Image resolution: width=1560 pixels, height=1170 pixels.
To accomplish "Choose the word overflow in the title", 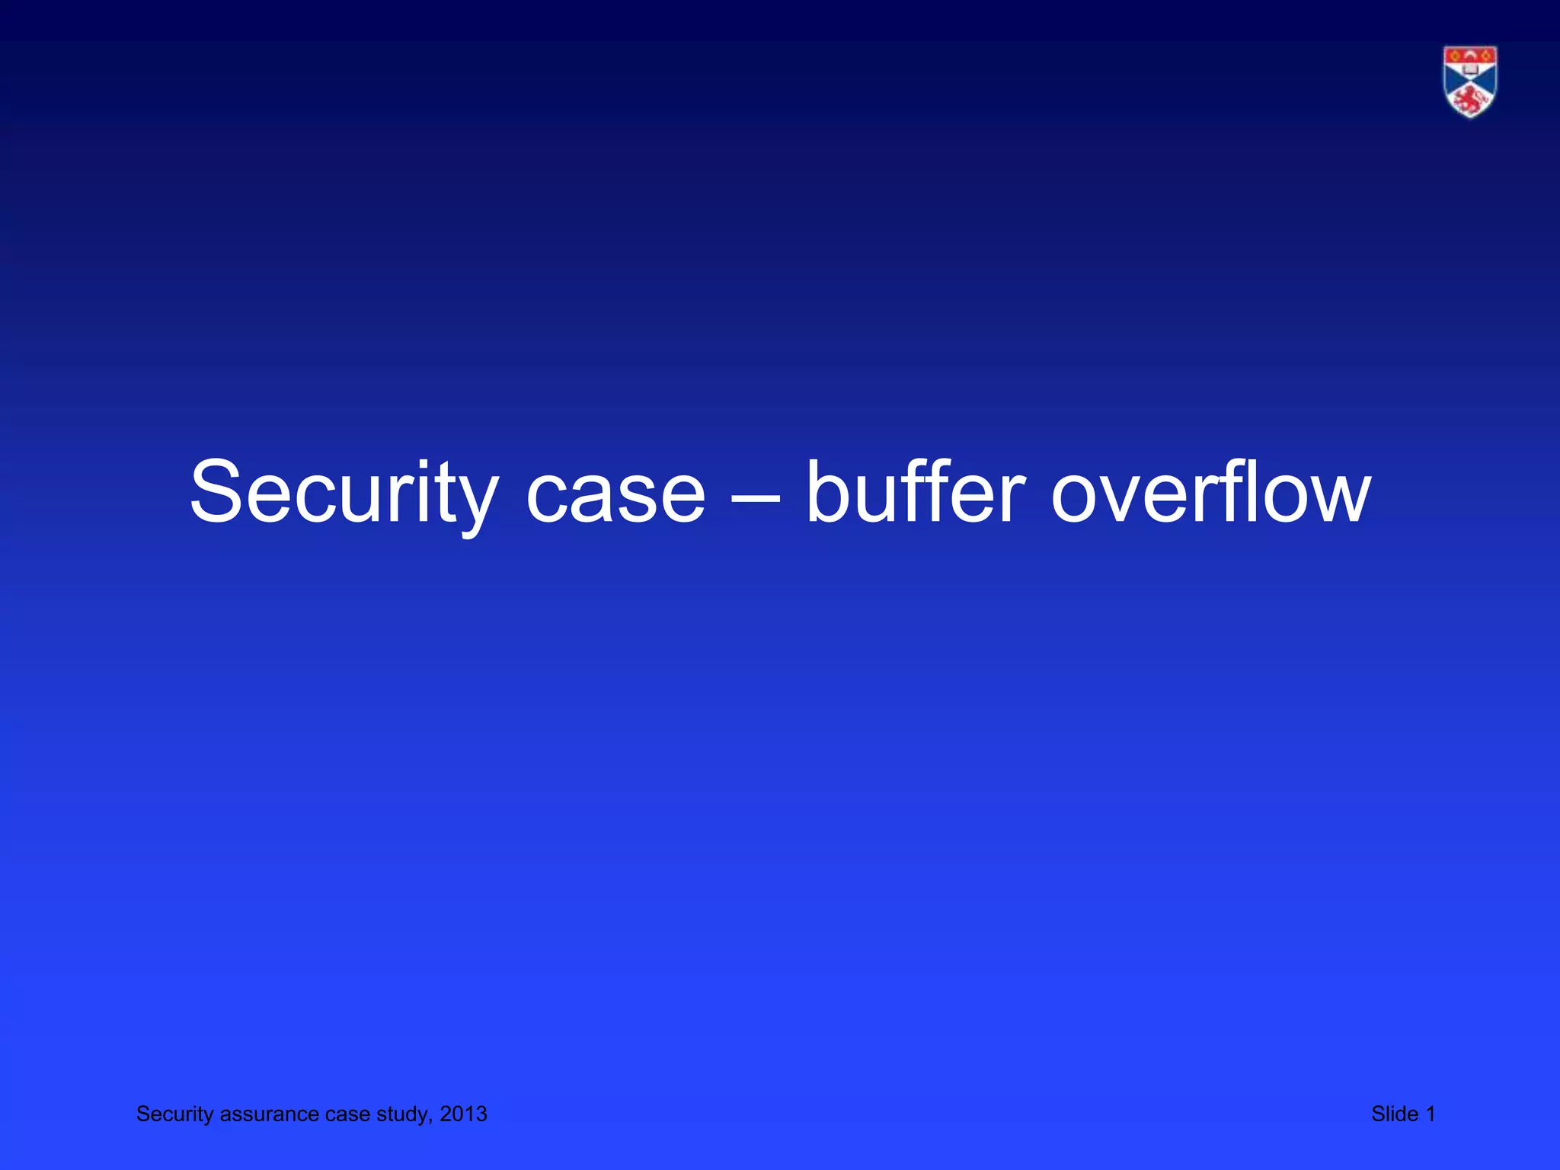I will point(1211,494).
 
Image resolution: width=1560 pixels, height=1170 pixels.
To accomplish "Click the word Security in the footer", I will point(174,1114).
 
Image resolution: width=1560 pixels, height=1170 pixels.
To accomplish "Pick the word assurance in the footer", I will point(269,1114).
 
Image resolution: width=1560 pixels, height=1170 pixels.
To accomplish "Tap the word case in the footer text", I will point(347,1114).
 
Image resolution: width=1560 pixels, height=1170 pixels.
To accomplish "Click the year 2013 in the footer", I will point(464,1114).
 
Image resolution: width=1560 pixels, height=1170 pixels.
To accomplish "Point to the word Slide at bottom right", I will point(1394,1114).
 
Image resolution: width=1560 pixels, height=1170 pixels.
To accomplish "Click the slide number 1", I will point(1431,1114).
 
